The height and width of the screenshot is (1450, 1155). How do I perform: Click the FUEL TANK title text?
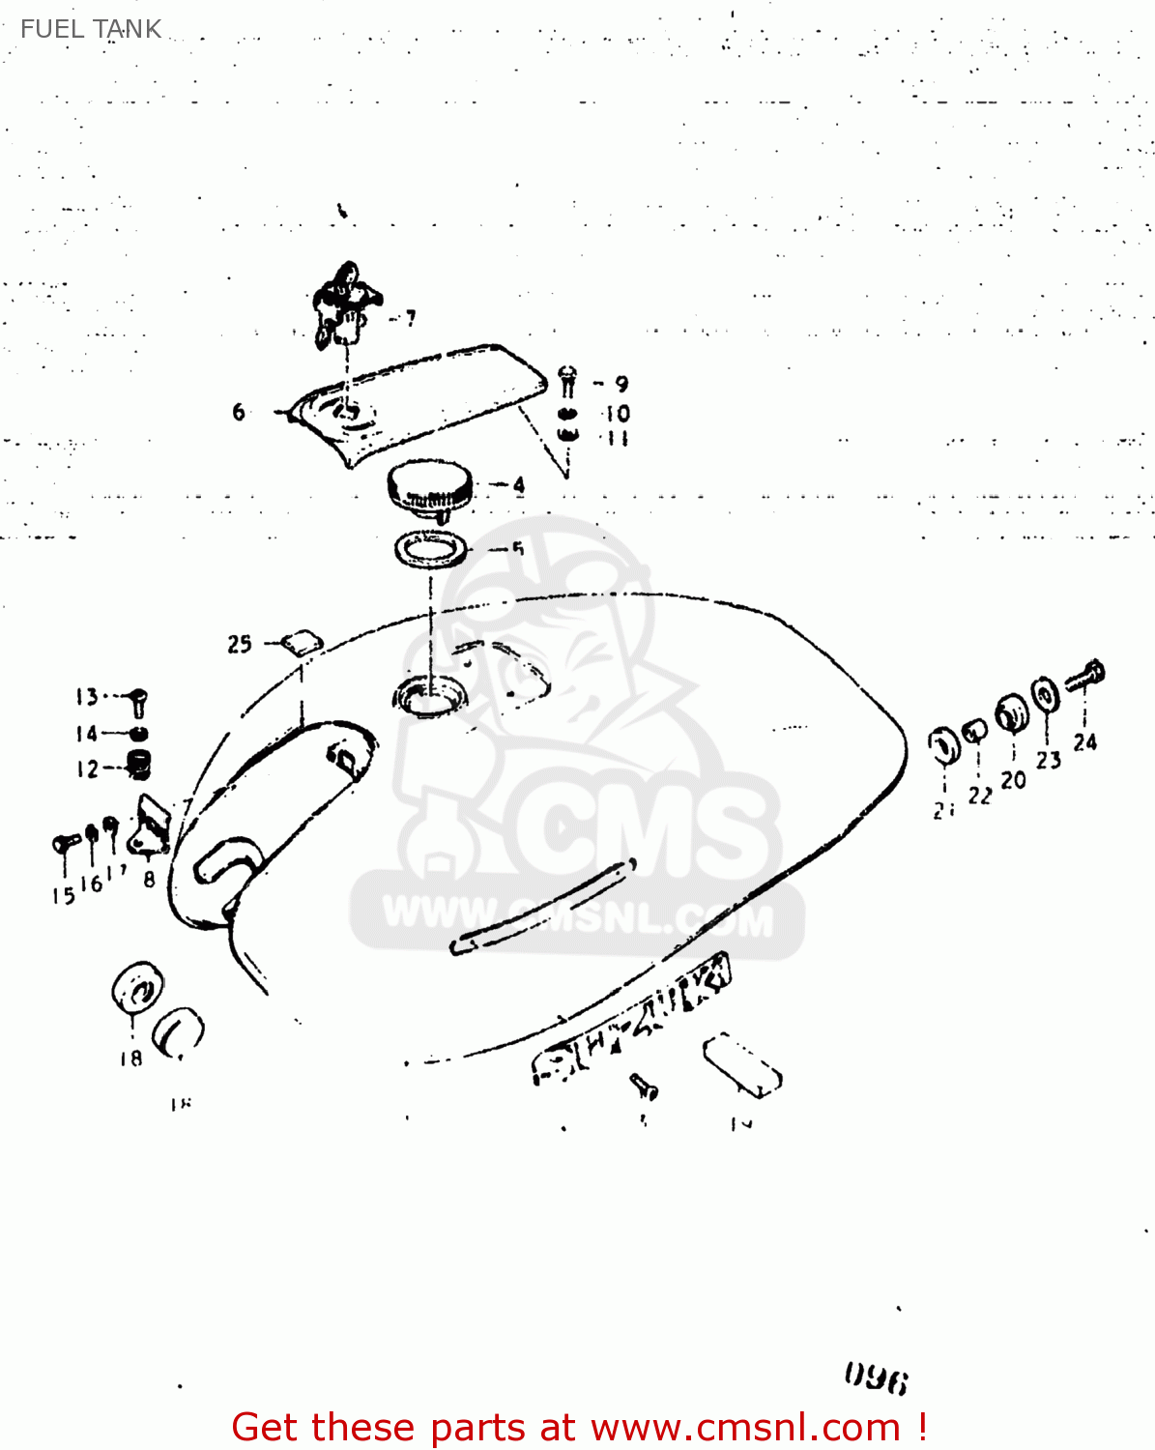click(91, 29)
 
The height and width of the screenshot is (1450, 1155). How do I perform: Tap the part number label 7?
click(411, 318)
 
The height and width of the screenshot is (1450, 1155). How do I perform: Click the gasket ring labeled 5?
click(430, 549)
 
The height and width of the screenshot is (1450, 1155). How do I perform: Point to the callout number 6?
click(239, 413)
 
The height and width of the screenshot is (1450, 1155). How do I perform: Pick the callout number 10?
click(618, 414)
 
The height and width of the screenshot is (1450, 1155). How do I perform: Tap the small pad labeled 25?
click(302, 642)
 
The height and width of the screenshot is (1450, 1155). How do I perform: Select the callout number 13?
click(87, 697)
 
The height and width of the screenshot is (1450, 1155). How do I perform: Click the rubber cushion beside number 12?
click(140, 765)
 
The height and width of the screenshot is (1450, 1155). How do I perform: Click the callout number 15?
click(63, 896)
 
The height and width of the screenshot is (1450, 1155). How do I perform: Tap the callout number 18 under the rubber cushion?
click(130, 1058)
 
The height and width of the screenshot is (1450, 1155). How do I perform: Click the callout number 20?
click(1013, 780)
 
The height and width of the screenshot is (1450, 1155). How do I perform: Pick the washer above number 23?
click(1044, 695)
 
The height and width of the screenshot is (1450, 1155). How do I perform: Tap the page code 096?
click(876, 1378)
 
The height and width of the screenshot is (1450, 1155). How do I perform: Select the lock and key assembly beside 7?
click(343, 302)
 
